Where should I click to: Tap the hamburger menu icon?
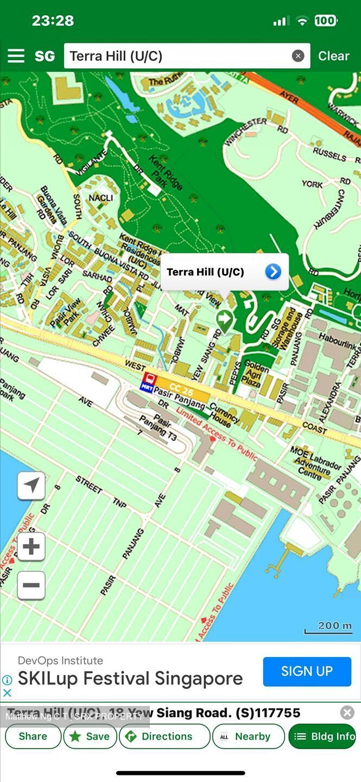tap(16, 56)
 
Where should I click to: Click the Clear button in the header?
tap(333, 56)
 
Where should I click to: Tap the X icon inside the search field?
tap(298, 56)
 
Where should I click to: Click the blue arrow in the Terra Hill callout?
tap(273, 272)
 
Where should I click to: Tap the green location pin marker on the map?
tap(224, 320)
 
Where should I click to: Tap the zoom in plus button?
tap(31, 546)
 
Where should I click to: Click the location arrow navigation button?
tap(31, 485)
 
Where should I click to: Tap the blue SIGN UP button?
tap(307, 671)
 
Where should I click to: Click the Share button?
tap(33, 736)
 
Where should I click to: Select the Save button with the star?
tap(90, 736)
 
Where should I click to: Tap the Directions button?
tap(164, 736)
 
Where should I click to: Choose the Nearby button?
tap(248, 736)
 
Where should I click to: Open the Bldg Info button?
tap(322, 736)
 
